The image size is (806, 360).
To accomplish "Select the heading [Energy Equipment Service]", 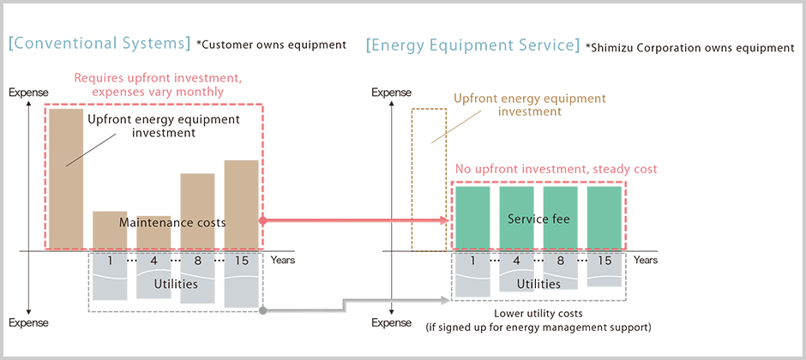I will click(472, 45).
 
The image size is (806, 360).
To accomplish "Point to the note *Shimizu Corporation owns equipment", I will click(690, 48).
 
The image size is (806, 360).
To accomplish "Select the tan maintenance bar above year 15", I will click(241, 204).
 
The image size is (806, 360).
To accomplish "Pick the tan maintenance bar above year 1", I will click(110, 230).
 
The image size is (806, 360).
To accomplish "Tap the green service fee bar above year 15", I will click(604, 218).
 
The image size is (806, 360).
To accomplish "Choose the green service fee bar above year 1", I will click(472, 218).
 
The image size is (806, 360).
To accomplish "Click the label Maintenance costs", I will click(172, 222).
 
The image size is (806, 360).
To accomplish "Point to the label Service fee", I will click(538, 219).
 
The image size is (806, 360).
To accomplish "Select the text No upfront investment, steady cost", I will click(556, 169).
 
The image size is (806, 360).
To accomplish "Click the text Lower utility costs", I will click(538, 314).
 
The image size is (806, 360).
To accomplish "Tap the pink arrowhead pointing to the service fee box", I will click(447, 220).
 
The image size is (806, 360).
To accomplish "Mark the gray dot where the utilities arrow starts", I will click(262, 309).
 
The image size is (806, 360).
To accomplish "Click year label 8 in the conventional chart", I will click(197, 261).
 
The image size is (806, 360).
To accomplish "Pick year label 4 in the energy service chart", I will click(516, 261).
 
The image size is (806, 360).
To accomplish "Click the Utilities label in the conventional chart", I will click(175, 283).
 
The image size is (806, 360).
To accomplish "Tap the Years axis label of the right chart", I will click(647, 260).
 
